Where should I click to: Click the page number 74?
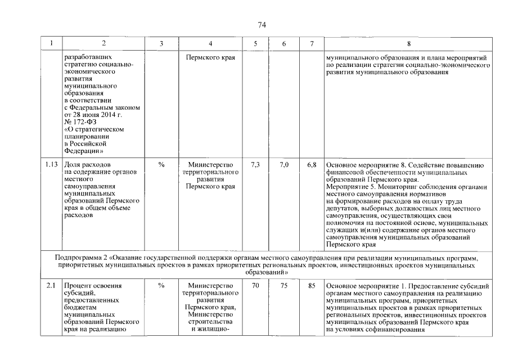coord(262,25)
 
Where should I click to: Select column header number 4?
coord(210,44)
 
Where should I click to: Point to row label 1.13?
coord(52,165)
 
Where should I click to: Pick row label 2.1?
coord(52,286)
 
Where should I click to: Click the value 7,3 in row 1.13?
coord(255,165)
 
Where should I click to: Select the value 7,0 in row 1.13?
coord(284,165)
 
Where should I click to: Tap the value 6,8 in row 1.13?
coord(312,165)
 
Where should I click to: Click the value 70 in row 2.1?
coord(255,286)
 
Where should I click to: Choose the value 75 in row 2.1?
coord(284,286)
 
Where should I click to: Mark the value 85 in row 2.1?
coord(312,286)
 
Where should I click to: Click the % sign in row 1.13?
coord(161,165)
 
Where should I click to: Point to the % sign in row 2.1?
coord(161,286)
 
